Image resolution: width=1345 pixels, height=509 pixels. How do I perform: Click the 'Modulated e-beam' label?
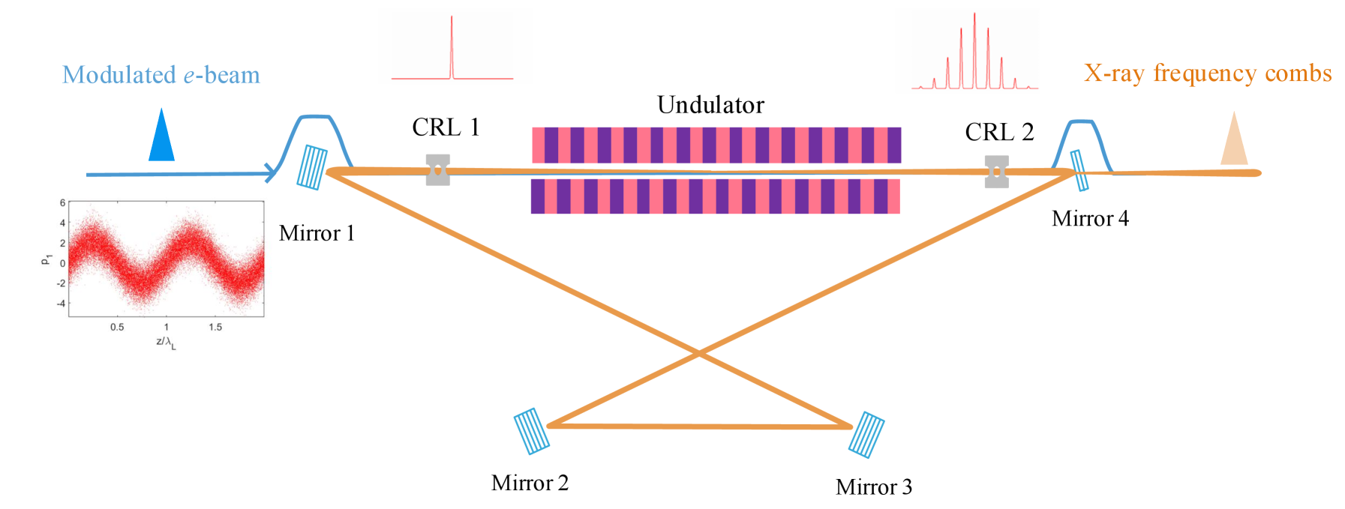tap(161, 75)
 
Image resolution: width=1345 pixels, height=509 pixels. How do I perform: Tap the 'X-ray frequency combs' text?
tap(1207, 73)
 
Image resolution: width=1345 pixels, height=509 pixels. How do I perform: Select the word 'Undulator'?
tap(710, 105)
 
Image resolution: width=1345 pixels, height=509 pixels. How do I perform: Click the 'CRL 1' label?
tap(445, 128)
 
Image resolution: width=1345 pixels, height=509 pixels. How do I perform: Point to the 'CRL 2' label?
tap(998, 133)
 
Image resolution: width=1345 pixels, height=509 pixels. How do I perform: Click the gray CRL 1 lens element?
tap(438, 170)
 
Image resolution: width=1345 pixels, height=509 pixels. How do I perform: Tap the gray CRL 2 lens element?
tap(996, 172)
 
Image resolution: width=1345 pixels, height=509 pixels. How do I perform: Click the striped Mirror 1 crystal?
tap(312, 166)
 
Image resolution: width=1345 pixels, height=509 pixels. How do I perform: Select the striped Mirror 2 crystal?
tap(531, 431)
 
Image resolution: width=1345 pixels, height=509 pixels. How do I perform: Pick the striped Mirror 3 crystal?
tap(866, 435)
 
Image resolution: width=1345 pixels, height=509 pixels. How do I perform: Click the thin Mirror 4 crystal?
tap(1079, 171)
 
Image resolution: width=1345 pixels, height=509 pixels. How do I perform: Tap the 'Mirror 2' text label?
tap(530, 483)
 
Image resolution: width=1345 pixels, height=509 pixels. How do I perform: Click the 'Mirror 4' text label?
tap(1089, 219)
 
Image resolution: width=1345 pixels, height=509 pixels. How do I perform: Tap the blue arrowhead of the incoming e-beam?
tap(271, 174)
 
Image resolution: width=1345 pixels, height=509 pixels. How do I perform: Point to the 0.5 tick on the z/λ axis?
tap(117, 327)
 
